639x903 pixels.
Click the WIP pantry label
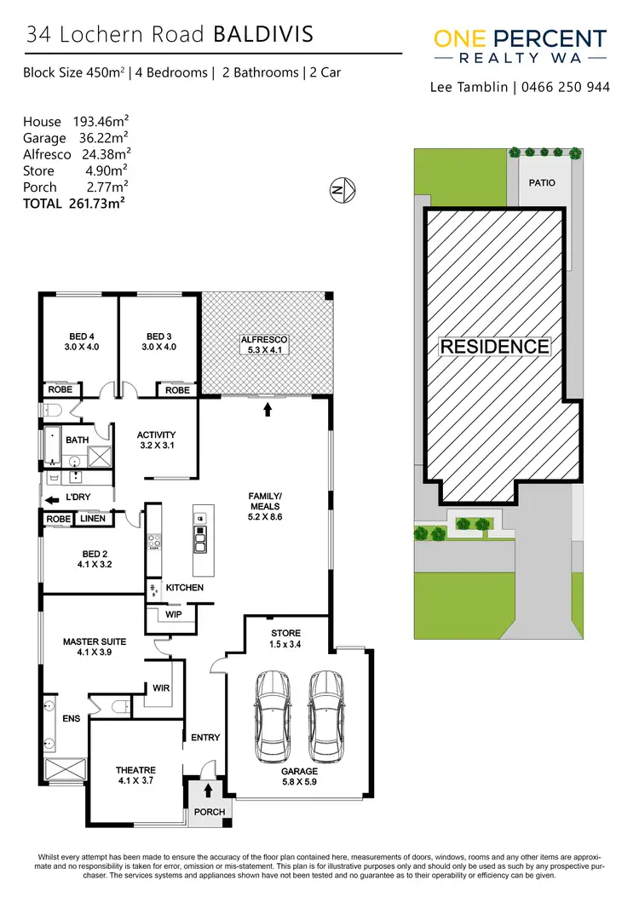[174, 614]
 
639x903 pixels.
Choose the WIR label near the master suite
[162, 687]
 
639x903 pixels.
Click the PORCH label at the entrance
[210, 812]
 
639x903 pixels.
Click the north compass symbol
[343, 191]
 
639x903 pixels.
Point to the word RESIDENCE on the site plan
[494, 347]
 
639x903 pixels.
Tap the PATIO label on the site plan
[541, 183]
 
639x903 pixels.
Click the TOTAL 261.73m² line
[74, 204]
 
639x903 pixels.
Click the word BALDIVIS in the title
[263, 35]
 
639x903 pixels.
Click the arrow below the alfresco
[268, 410]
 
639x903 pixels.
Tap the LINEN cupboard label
[93, 518]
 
